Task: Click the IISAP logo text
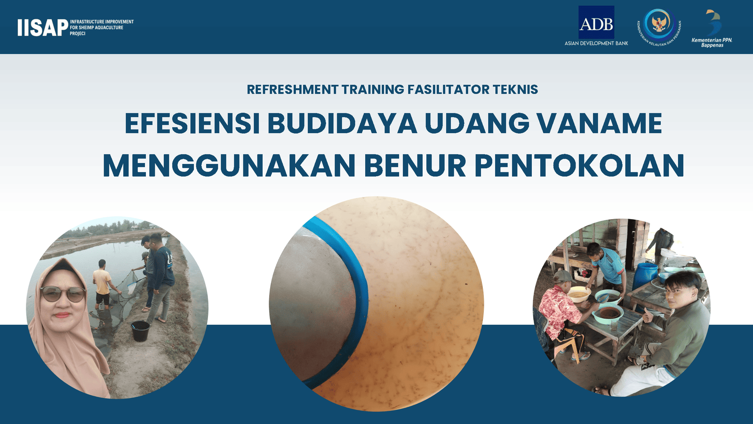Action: (43, 27)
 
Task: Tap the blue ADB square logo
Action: (596, 22)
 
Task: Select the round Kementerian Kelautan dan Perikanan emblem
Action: (659, 27)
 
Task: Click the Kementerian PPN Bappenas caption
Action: (712, 42)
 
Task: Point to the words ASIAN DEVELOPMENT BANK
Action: (596, 43)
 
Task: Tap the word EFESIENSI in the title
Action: (192, 123)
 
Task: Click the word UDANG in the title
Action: (477, 123)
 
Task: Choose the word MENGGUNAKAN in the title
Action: (229, 165)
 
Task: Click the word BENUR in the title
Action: (415, 165)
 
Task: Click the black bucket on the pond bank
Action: (140, 331)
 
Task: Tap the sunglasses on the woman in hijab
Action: (63, 294)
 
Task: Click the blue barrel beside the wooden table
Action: (645, 276)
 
